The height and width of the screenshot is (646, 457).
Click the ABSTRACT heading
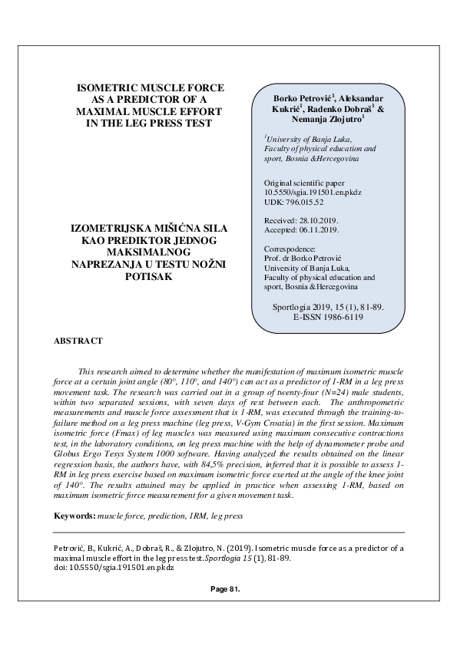(x=79, y=339)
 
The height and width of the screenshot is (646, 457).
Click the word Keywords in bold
(x=75, y=516)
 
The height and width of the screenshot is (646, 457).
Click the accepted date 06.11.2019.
(x=318, y=229)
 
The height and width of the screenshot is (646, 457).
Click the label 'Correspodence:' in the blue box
(x=290, y=249)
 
